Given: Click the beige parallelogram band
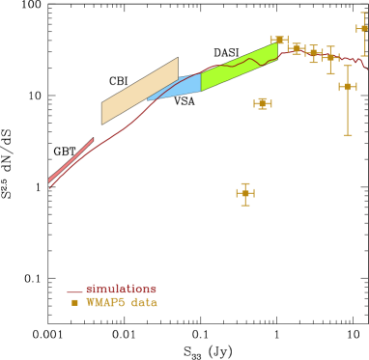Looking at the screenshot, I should (140, 91).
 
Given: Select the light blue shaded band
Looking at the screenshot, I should (179, 87).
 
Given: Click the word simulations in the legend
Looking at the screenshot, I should (121, 289).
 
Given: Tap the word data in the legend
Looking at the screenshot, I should (144, 302).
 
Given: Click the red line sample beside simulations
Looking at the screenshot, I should (74, 291).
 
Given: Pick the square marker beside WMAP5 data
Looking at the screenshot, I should (74, 302).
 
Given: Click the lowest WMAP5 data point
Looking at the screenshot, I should (245, 193).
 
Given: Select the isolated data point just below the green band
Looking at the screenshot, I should (263, 103).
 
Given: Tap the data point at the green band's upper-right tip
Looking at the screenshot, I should (279, 40).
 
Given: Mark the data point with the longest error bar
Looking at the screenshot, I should (348, 87).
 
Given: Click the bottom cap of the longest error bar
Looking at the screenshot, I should (348, 135).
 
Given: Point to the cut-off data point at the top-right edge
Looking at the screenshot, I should (363, 29).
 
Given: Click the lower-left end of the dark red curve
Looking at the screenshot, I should (49, 187).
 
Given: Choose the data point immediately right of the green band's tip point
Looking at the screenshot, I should (296, 48).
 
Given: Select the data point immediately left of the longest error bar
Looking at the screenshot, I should (330, 58).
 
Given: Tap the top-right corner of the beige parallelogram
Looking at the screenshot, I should (178, 58).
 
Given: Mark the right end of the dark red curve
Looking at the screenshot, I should (367, 69).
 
